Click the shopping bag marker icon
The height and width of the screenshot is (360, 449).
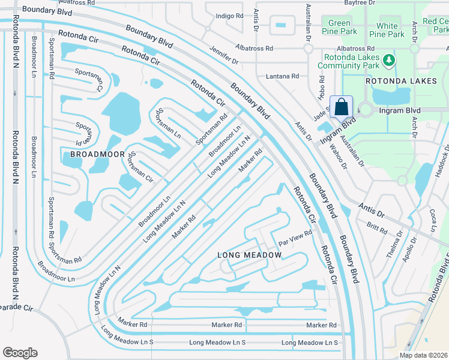click(341, 107)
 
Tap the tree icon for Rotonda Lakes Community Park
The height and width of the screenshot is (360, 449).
click(389, 60)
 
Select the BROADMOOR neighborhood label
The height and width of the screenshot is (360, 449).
click(92, 154)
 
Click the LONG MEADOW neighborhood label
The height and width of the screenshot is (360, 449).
click(249, 255)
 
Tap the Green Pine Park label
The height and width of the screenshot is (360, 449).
click(339, 27)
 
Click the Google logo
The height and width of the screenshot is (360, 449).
click(20, 353)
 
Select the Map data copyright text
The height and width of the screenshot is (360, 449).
click(424, 355)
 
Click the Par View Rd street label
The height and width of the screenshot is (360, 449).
click(295, 238)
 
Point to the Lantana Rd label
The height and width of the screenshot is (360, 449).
click(282, 76)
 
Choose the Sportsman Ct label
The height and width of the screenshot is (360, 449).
click(89, 79)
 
